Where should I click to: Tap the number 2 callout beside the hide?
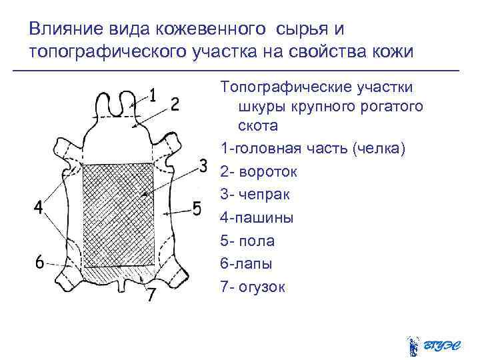click(x=174, y=105)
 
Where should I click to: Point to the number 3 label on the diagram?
click(x=203, y=164)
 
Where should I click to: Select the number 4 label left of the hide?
click(x=40, y=208)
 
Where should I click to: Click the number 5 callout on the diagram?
click(x=196, y=209)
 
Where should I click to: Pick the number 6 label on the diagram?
click(x=40, y=263)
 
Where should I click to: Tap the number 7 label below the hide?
click(x=152, y=294)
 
